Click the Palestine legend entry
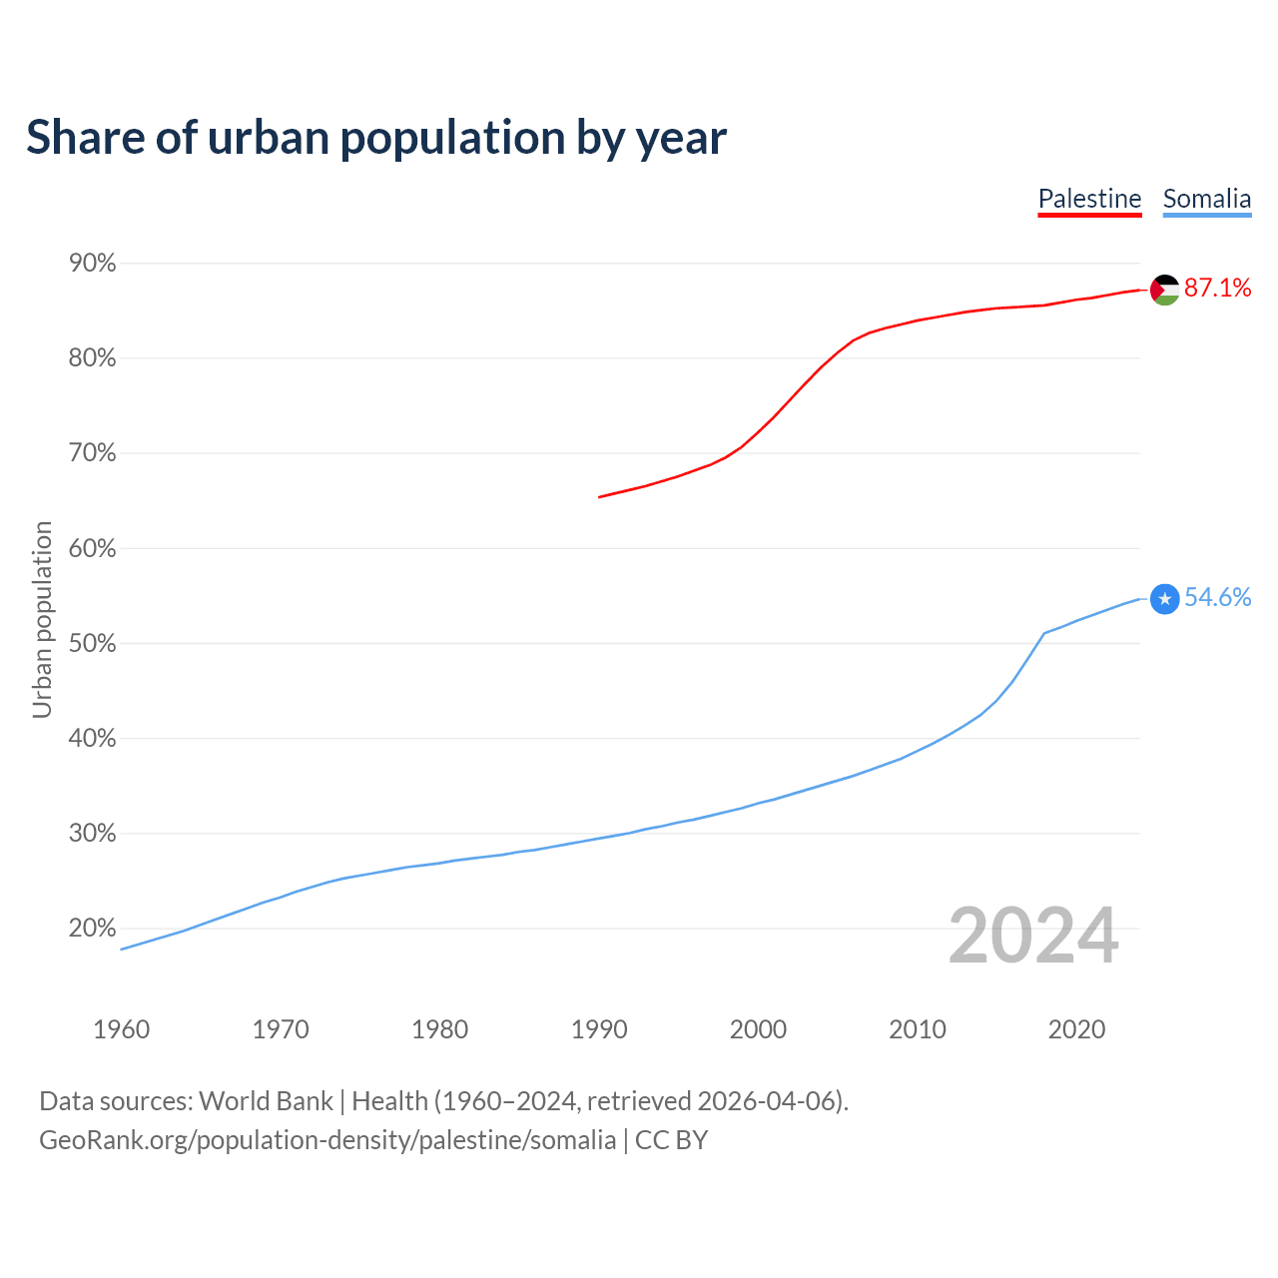click(1089, 199)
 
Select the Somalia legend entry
click(1206, 199)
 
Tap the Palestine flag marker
click(1165, 290)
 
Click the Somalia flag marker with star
click(1165, 598)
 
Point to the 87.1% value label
click(1217, 289)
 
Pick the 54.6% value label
click(1217, 597)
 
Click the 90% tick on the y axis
click(93, 264)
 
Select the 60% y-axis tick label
click(93, 549)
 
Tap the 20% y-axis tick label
click(93, 929)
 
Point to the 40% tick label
click(93, 739)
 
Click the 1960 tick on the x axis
click(121, 1029)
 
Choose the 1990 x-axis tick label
click(599, 1029)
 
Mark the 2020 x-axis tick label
click(1076, 1029)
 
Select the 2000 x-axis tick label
click(758, 1029)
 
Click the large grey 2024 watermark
click(1033, 936)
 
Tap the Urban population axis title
click(42, 620)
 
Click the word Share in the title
click(85, 138)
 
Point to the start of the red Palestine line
click(600, 496)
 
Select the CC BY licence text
click(671, 1140)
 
